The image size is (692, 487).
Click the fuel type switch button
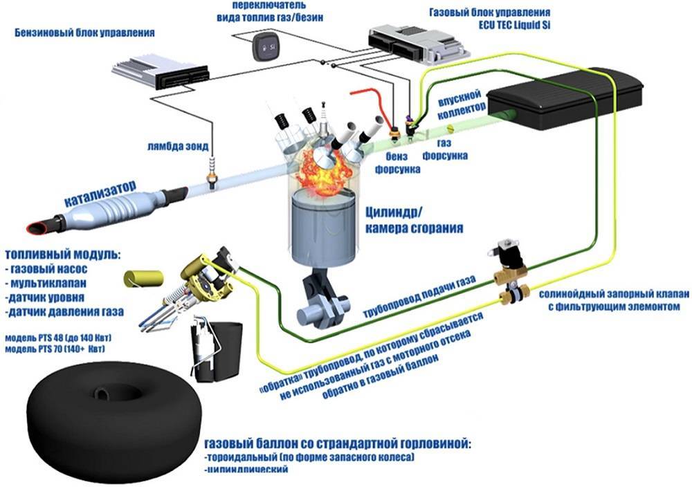(265, 46)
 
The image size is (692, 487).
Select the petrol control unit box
(160, 72)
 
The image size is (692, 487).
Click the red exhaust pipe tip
(36, 226)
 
